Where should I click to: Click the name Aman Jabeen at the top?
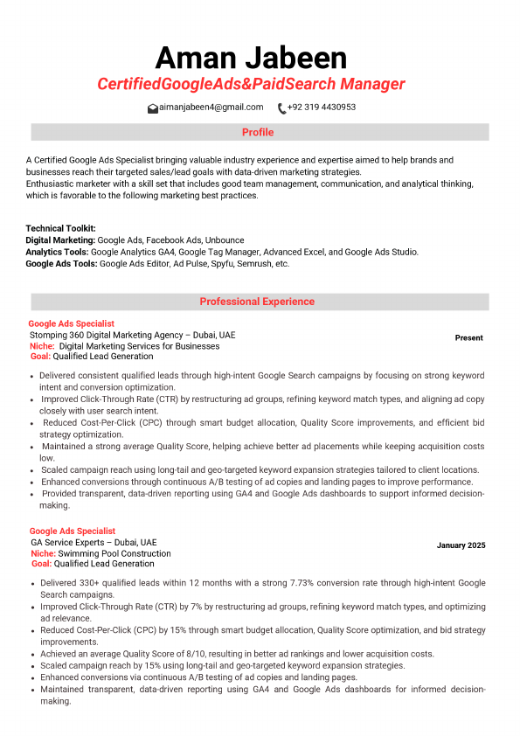click(x=251, y=58)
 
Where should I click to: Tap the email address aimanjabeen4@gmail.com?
click(x=211, y=108)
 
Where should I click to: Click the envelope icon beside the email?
click(x=153, y=108)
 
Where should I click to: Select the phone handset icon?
click(x=281, y=108)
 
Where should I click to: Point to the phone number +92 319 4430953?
click(x=321, y=108)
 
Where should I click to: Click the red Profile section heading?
click(x=258, y=133)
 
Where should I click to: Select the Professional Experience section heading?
click(x=257, y=302)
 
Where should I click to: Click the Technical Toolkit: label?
click(x=60, y=228)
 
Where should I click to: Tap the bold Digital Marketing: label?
click(x=60, y=240)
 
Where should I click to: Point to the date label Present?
click(x=468, y=338)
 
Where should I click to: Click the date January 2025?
click(x=461, y=545)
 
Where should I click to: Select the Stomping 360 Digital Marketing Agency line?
click(x=132, y=335)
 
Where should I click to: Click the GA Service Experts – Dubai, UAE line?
click(x=94, y=542)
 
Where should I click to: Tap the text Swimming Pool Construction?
click(x=114, y=553)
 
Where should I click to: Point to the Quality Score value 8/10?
click(x=172, y=654)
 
